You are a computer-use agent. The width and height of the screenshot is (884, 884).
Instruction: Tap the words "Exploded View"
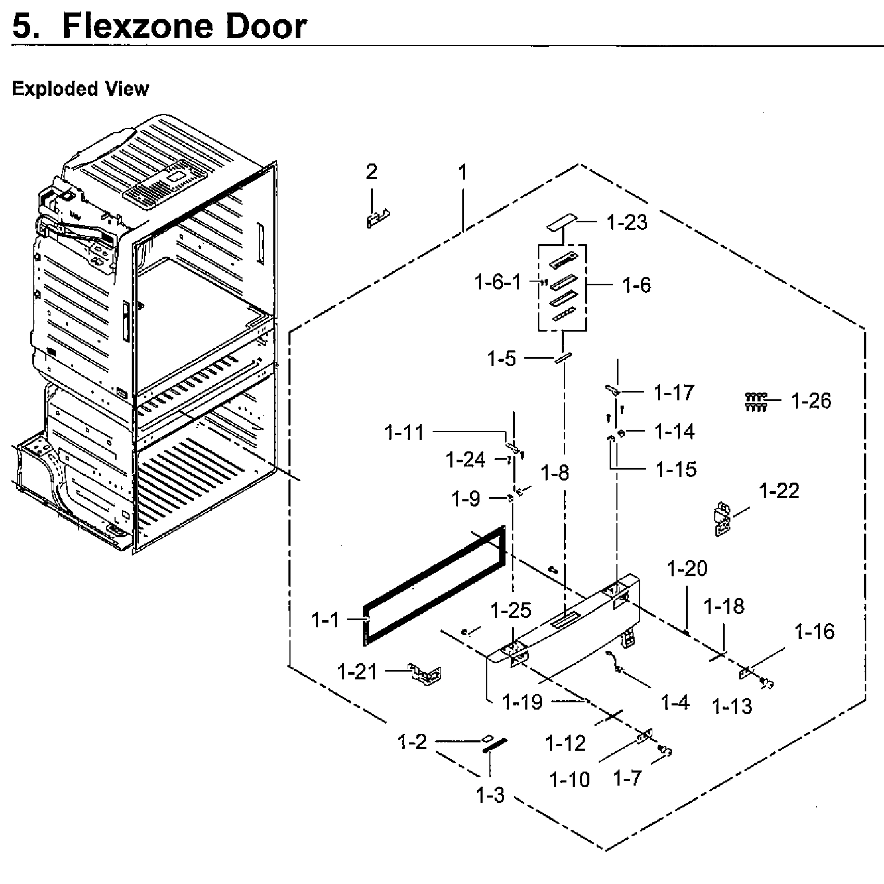[x=80, y=89]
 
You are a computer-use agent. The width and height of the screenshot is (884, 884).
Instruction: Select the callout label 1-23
[x=627, y=222]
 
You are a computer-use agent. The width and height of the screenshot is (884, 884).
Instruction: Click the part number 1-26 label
[x=811, y=401]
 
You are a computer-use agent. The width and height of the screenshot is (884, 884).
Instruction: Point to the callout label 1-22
[x=779, y=491]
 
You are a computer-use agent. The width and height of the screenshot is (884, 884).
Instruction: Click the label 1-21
[x=357, y=672]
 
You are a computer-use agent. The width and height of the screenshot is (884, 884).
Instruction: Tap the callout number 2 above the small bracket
[x=371, y=172]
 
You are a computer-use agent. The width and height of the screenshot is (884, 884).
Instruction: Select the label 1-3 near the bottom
[x=490, y=795]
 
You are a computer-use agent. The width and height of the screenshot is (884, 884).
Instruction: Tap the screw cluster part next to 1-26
[x=755, y=401]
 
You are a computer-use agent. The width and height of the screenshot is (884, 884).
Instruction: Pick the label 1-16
[x=814, y=632]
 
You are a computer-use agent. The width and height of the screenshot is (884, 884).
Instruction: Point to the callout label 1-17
[x=674, y=393]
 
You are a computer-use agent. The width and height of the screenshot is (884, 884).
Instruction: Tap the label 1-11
[x=405, y=432]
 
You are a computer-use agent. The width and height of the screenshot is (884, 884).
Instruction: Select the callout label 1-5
[x=502, y=359]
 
